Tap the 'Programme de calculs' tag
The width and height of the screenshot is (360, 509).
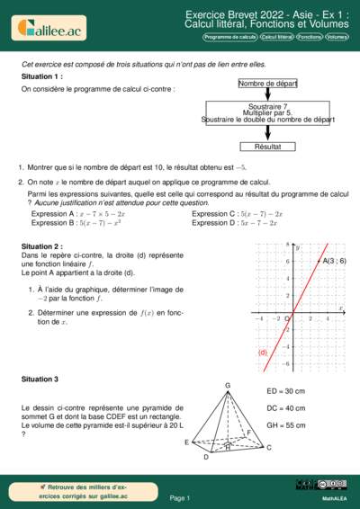point(229,38)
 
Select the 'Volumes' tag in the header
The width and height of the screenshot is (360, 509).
point(337,38)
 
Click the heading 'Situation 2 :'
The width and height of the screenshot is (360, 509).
point(42,246)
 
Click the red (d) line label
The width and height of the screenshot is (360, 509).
point(265,353)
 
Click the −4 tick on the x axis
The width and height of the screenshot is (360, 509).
point(259,318)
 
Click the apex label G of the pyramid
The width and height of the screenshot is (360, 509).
point(228,385)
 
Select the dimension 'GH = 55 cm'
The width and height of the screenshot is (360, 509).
point(287,424)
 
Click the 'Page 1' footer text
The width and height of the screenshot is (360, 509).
point(180,497)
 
